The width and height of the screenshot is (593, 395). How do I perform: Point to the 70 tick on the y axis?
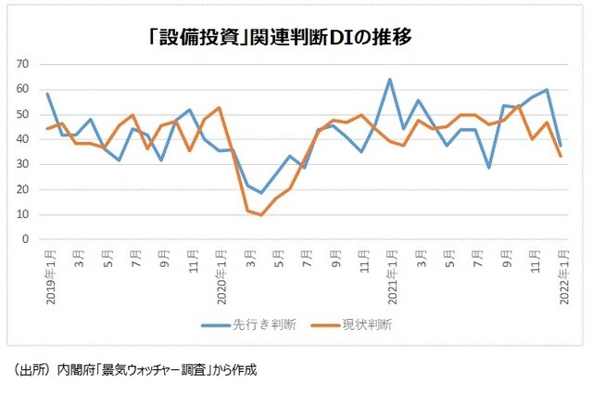22,64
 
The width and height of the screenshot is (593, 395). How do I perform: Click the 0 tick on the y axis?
26,239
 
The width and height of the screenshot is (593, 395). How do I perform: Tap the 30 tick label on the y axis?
22,164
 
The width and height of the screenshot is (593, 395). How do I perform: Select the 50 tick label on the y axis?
22,114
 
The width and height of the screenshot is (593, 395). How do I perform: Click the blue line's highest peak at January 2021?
389,79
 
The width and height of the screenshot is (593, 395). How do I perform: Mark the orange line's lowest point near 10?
261,215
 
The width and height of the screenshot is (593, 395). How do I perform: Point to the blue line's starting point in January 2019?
47,93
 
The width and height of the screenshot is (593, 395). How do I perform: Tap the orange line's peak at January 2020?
219,108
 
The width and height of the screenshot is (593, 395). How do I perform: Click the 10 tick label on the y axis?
22,214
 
